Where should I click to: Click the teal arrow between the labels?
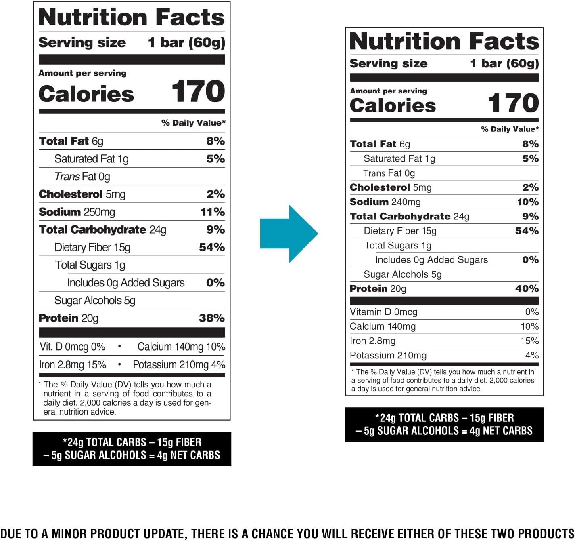tap(289, 234)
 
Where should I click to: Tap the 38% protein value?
tap(211, 318)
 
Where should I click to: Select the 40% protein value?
tap(527, 288)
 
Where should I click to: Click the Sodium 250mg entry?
tap(77, 212)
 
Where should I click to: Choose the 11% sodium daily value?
tap(212, 212)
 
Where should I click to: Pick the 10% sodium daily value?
tap(528, 202)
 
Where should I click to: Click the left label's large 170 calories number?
tap(198, 92)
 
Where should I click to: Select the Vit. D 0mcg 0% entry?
tap(72, 347)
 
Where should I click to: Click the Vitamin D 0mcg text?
tap(383, 312)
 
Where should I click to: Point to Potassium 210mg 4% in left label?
tap(179, 364)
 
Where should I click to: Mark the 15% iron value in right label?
tap(529, 341)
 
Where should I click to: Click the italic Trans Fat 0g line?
tap(82, 177)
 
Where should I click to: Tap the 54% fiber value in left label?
tap(211, 247)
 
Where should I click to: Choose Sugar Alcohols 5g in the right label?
tap(402, 274)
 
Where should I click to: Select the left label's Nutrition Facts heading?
tap(131, 17)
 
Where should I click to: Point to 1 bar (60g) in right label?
tap(504, 63)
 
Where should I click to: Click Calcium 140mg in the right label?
tap(383, 326)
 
